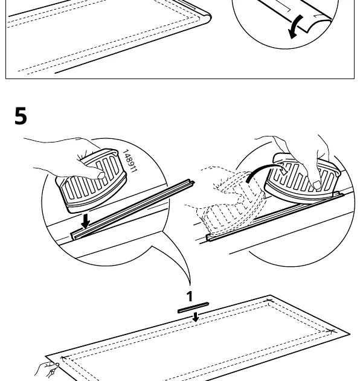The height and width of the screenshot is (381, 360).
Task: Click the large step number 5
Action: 21,116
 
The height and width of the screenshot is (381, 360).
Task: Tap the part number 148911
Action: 130,161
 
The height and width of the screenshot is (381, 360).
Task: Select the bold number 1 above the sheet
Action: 190,296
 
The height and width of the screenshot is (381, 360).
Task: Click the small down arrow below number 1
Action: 196,317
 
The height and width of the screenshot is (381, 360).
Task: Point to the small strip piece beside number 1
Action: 193,307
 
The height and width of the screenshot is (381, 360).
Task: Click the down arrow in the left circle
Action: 85,221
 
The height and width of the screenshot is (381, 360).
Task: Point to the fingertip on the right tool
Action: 317,185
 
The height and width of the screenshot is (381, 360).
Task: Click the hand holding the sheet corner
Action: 47,370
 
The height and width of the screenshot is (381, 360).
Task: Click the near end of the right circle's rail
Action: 208,238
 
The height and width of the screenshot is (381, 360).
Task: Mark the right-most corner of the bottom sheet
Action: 350,335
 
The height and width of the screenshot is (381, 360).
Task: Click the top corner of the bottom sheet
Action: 270,295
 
